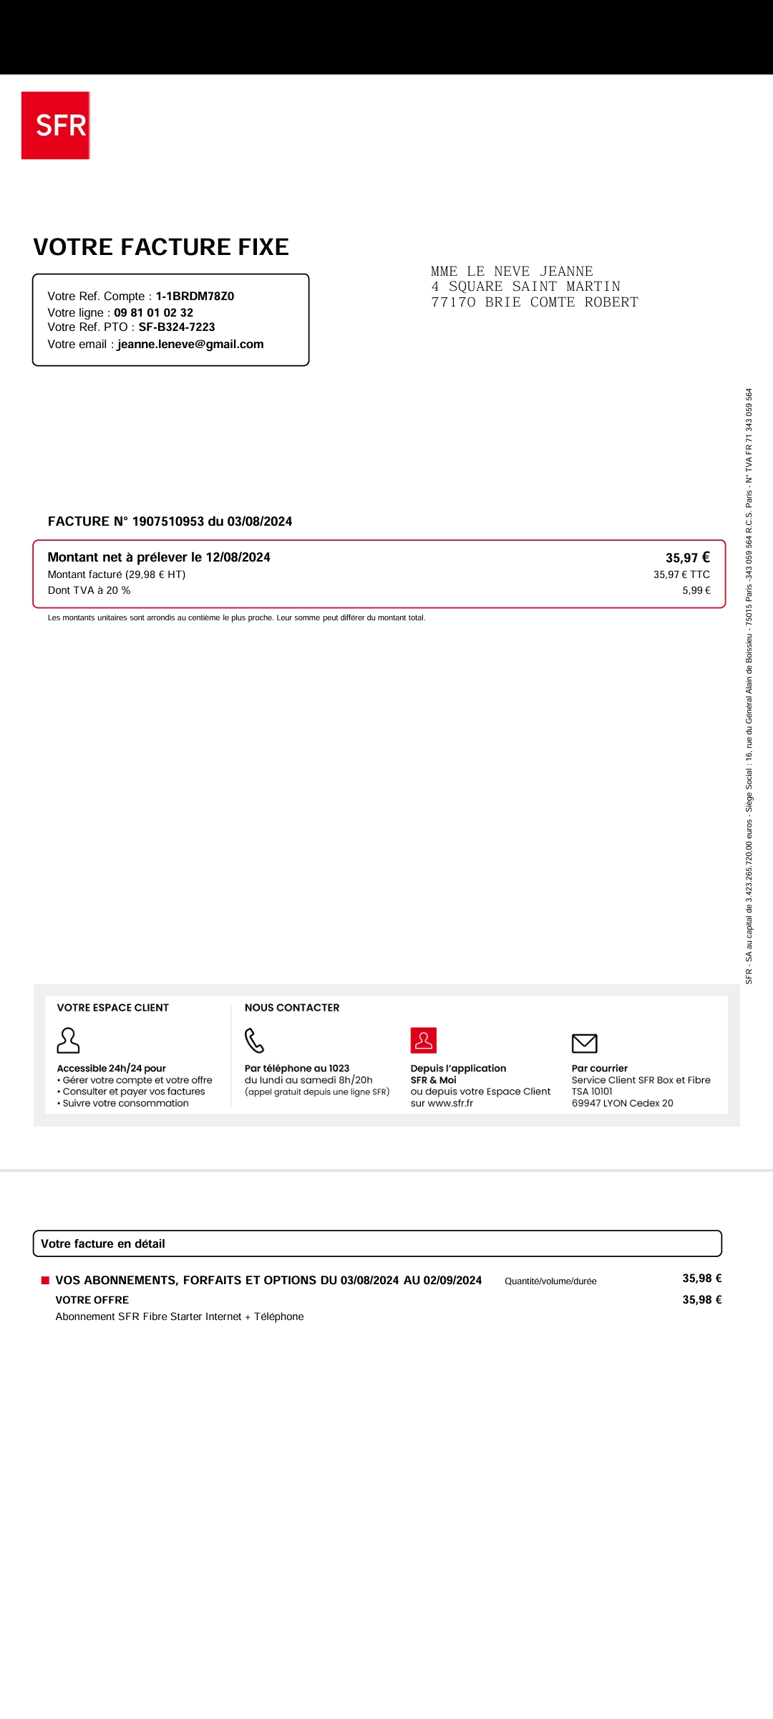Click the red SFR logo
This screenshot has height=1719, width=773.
tap(55, 125)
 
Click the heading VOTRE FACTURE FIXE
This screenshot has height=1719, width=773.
tap(161, 247)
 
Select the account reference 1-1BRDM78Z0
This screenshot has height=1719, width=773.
tap(195, 297)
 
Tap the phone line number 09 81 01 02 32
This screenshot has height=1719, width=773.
tap(153, 313)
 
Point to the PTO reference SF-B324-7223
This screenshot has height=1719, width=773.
tap(177, 327)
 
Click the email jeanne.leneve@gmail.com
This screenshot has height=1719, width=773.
tap(190, 345)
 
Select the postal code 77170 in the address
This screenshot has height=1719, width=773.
tap(453, 302)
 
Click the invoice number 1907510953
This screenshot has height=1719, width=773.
tap(167, 521)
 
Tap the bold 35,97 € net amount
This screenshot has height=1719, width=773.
tap(687, 558)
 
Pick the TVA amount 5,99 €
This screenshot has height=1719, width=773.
tap(696, 591)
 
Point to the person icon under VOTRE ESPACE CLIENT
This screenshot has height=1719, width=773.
tap(68, 1041)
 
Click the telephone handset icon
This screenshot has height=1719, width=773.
tap(255, 1041)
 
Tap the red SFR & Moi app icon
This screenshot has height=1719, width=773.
tap(424, 1041)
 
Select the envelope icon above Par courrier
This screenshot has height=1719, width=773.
tap(584, 1044)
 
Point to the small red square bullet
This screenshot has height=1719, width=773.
tap(45, 1281)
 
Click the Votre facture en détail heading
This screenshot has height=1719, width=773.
tap(103, 1244)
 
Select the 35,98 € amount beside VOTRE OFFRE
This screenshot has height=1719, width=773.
tap(701, 1300)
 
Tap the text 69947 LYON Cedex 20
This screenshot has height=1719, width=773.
tap(622, 1104)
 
